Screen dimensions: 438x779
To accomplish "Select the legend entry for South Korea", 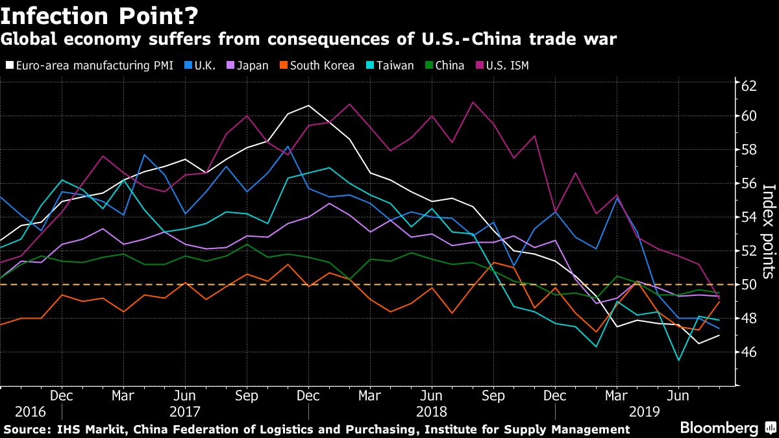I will [x=322, y=66].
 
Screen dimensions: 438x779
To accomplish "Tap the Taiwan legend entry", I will [x=393, y=66].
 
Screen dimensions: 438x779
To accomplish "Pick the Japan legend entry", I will [x=252, y=66].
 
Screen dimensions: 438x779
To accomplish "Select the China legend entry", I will [x=449, y=66].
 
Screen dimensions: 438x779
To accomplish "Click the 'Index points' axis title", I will [x=768, y=230].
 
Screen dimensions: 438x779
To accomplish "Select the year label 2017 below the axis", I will [x=184, y=411].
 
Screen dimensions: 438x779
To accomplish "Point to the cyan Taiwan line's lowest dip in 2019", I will [x=678, y=360].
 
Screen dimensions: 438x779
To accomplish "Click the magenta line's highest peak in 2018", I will [x=473, y=102].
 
